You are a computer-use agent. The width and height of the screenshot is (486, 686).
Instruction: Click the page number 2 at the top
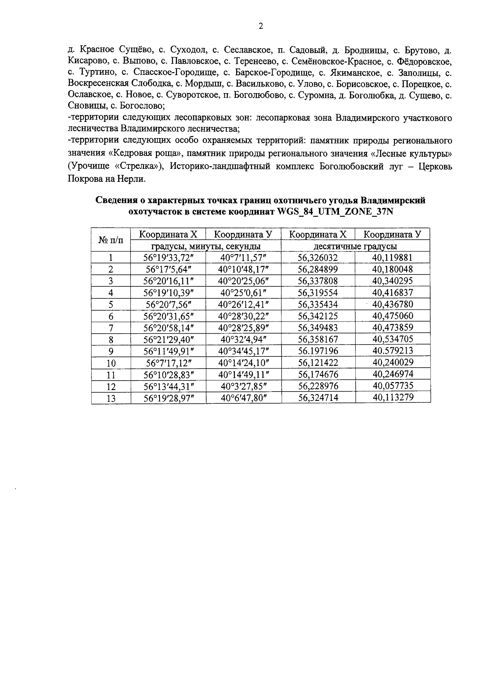coord(261,27)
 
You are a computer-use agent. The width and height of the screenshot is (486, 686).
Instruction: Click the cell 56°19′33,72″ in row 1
coord(168,258)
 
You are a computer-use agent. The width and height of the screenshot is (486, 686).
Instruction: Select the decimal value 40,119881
coord(392,258)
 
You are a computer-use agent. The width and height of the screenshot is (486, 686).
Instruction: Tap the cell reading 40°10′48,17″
coord(243,269)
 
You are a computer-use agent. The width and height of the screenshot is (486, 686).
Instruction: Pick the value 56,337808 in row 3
coord(318,281)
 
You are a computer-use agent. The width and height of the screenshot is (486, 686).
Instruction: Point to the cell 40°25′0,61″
coord(243,293)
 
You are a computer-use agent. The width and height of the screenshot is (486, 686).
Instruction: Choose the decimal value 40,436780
coord(392,304)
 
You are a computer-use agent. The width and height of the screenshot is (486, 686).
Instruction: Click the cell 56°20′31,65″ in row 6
coord(168,316)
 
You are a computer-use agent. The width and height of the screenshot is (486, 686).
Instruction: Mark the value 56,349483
coord(318,328)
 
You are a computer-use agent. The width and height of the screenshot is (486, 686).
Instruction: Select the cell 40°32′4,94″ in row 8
coord(243,339)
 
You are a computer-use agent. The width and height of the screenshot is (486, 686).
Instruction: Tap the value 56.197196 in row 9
coord(318,351)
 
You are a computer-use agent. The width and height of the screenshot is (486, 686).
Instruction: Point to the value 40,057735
coord(392,386)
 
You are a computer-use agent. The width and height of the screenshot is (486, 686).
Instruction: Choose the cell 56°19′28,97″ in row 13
coord(168,398)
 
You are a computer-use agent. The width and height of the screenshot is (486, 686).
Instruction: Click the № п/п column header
coord(111,241)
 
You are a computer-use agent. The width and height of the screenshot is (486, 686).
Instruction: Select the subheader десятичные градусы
coord(355,246)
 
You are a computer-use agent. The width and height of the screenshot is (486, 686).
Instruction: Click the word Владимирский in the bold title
coord(393,200)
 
